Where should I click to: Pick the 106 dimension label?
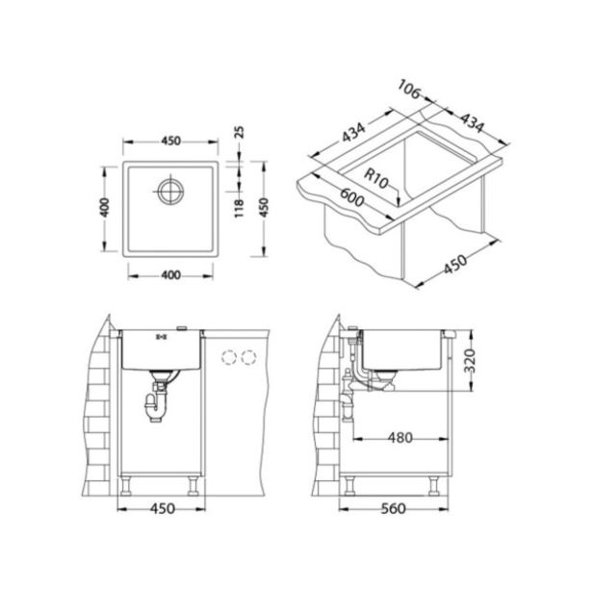click(409, 91)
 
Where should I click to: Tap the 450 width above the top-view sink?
click(170, 139)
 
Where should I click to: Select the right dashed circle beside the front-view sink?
click(250, 358)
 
